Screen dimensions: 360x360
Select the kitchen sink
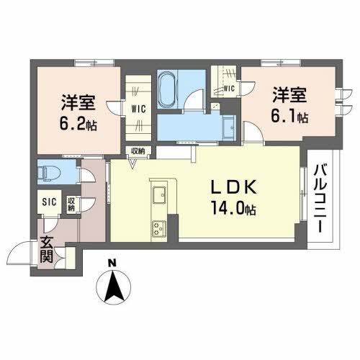click(158, 194)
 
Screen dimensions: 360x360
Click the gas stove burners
click(158, 230)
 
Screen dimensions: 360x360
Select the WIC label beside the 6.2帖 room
click(139, 109)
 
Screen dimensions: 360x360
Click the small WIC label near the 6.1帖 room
click(229, 88)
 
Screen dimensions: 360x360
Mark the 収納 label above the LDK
click(137, 150)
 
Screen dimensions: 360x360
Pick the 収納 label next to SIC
click(72, 204)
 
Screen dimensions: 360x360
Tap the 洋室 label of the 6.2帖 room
click(76, 102)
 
